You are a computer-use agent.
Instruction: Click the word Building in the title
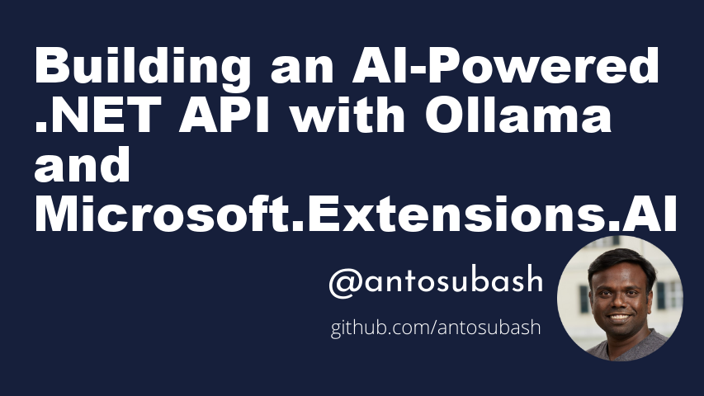pyautogui.click(x=142, y=68)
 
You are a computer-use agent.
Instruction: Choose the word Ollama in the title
pyautogui.click(x=518, y=114)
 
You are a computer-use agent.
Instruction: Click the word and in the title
pyautogui.click(x=83, y=163)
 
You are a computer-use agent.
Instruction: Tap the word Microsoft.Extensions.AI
pyautogui.click(x=355, y=213)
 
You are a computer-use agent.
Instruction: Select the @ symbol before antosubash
pyautogui.click(x=345, y=283)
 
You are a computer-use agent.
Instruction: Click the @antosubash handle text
pyautogui.click(x=436, y=281)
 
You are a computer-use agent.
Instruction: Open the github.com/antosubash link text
pyautogui.click(x=436, y=328)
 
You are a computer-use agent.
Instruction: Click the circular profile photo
pyautogui.click(x=620, y=298)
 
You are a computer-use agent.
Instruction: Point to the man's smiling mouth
pyautogui.click(x=620, y=317)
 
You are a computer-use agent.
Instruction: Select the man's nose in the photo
pyautogui.click(x=620, y=302)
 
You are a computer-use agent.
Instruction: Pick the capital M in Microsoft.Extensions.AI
pyautogui.click(x=57, y=213)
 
